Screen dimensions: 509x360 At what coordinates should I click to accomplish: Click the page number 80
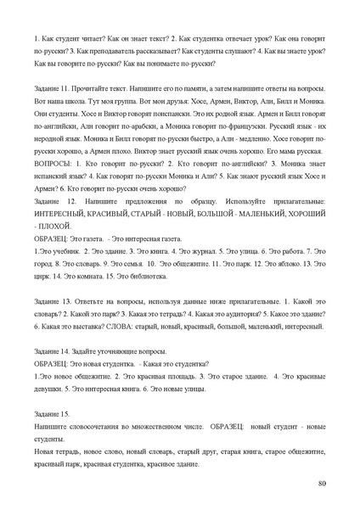tap(321, 483)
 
